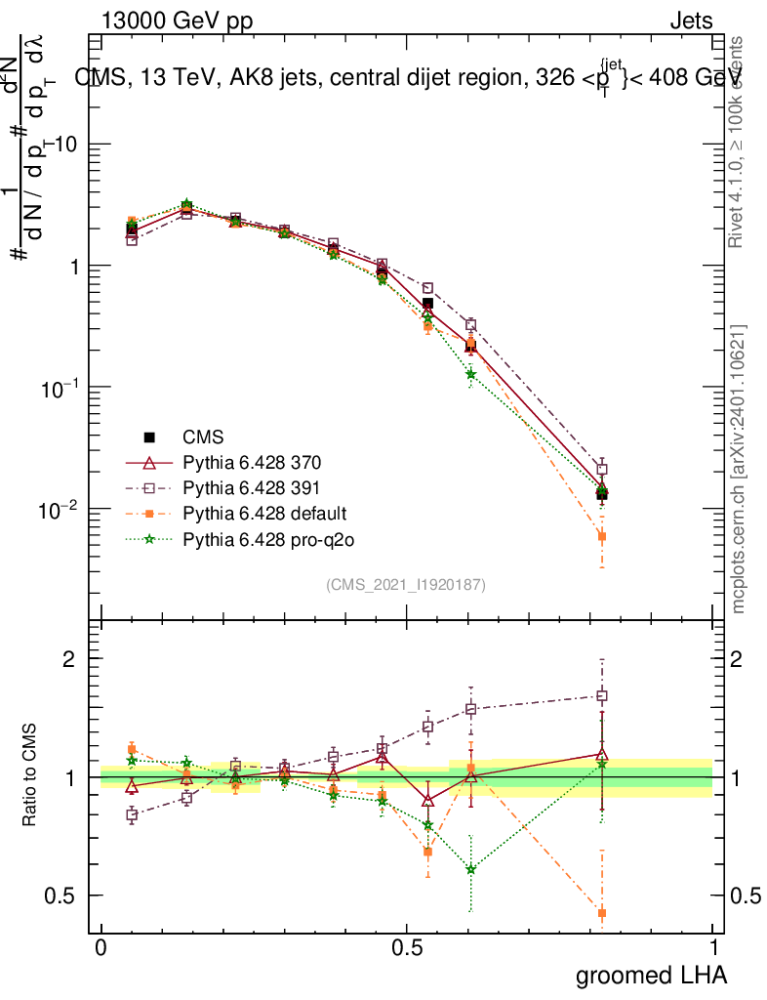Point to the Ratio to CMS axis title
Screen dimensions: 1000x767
pyautogui.click(x=29, y=777)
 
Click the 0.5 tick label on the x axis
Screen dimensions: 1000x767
pyautogui.click(x=407, y=948)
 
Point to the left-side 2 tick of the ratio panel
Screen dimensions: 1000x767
pyautogui.click(x=70, y=659)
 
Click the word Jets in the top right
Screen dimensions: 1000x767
pyautogui.click(x=691, y=21)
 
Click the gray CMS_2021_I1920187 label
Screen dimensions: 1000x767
pyautogui.click(x=406, y=584)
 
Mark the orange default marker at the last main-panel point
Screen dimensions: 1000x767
pyautogui.click(x=602, y=536)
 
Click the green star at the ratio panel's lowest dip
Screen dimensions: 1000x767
pyautogui.click(x=470, y=869)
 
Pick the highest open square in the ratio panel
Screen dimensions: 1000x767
pyautogui.click(x=602, y=696)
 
